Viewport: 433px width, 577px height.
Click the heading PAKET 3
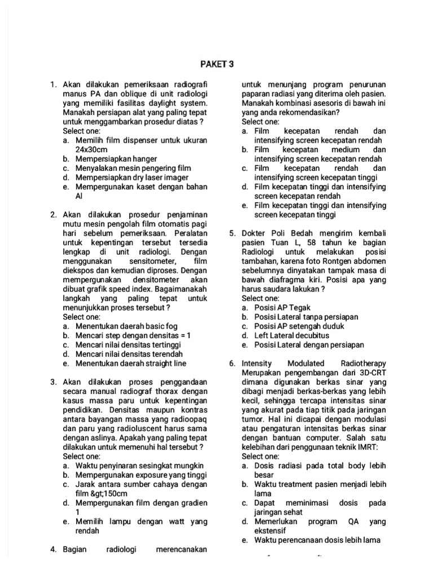[216, 64]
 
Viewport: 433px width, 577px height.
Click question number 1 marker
[54, 85]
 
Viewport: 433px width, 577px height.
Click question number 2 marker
[54, 215]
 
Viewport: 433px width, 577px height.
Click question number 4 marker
[54, 549]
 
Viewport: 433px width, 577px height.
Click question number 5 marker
[232, 233]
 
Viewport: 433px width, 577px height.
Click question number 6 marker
[232, 363]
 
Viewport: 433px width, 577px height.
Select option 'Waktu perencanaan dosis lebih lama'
[317, 540]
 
